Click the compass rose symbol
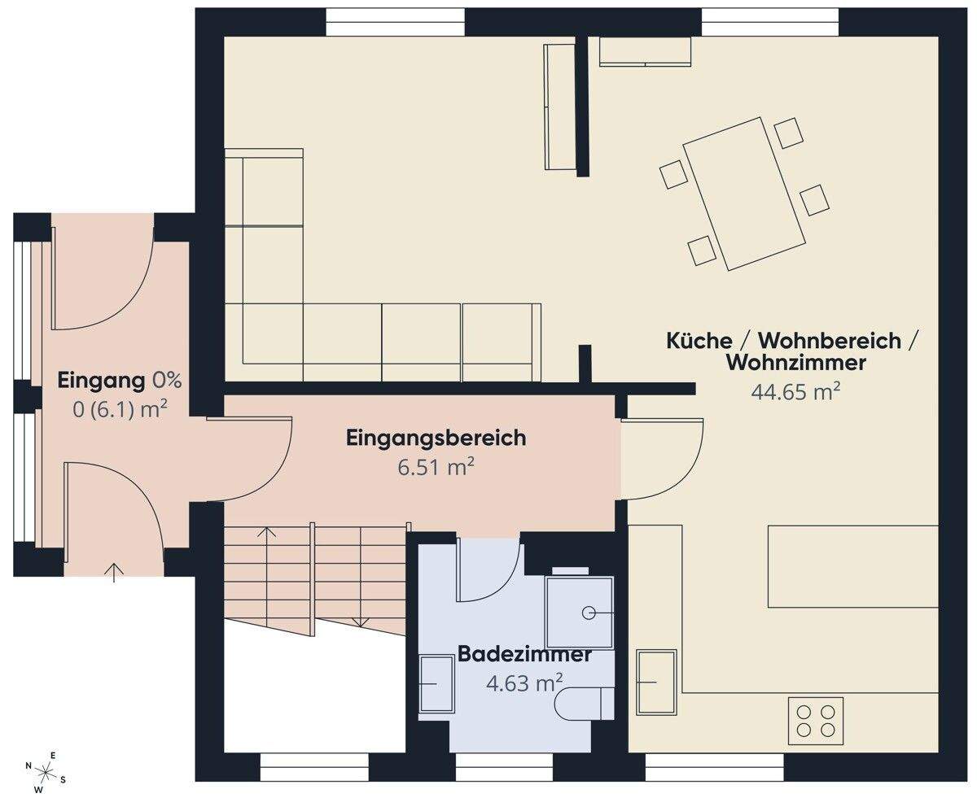click(x=46, y=772)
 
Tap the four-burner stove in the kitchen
click(x=815, y=721)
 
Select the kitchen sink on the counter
click(x=655, y=682)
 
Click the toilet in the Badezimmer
click(x=584, y=704)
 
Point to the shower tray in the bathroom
click(x=580, y=612)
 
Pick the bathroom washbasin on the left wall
click(x=436, y=684)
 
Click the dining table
click(x=743, y=194)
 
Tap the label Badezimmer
click(x=524, y=654)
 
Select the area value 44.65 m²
click(x=795, y=392)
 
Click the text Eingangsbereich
click(x=436, y=438)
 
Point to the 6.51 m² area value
click(x=436, y=468)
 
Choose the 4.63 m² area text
click(x=524, y=683)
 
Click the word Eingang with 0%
click(x=120, y=381)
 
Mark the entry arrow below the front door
click(x=114, y=572)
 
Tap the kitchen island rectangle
click(x=852, y=566)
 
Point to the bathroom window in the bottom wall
click(x=504, y=766)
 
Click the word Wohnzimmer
click(x=795, y=363)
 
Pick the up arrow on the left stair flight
click(x=267, y=535)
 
